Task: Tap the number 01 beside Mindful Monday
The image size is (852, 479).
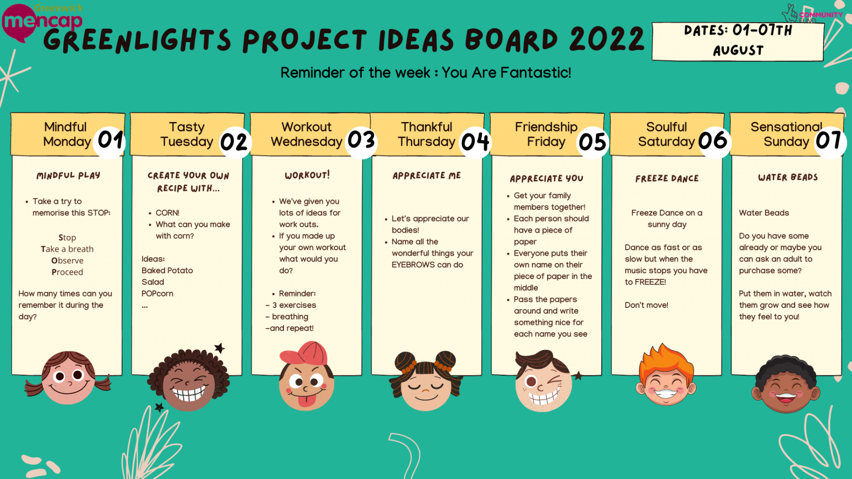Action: coord(111,140)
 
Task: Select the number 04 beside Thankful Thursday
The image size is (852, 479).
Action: coord(475,141)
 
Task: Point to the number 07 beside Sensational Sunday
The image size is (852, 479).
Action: coord(828,140)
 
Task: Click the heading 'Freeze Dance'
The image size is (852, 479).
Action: coord(667,179)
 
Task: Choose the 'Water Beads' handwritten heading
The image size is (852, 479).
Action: coord(788,177)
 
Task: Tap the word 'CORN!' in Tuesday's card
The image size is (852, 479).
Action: coord(168,213)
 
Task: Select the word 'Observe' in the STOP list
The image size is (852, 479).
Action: coord(67,261)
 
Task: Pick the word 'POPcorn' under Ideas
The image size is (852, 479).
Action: coord(157,294)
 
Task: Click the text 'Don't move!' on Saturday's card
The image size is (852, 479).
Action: coord(647,305)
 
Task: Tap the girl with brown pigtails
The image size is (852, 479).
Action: coord(68,377)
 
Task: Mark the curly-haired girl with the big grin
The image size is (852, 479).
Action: coord(188,380)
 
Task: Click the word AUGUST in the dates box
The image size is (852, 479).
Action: coord(738,51)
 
